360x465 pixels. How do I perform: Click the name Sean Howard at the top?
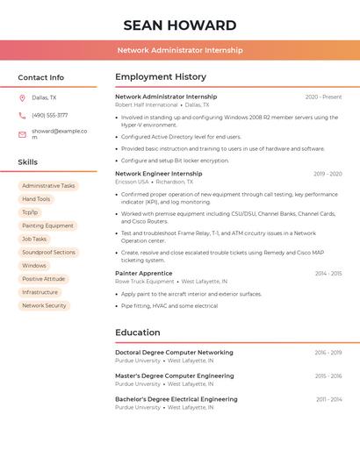[x=180, y=25]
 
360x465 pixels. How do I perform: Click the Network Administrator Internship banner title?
[x=180, y=50]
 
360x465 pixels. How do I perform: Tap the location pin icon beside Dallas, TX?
[x=22, y=97]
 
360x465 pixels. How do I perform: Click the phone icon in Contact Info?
[x=22, y=115]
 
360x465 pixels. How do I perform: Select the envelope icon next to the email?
[x=22, y=133]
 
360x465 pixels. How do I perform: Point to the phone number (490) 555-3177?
[x=50, y=115]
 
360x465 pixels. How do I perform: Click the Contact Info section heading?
[x=41, y=77]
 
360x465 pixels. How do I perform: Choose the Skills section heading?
[x=28, y=162]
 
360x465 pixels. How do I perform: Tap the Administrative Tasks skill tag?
[x=48, y=186]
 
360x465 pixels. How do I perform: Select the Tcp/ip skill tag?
[x=30, y=212]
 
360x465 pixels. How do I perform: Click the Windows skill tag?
[x=34, y=266]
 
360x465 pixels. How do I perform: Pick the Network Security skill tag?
[x=44, y=306]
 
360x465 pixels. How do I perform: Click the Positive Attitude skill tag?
[x=44, y=279]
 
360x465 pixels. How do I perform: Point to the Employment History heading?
[x=161, y=76]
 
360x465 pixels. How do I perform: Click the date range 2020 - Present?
[x=323, y=97]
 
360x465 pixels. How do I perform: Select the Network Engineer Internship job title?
[x=158, y=174]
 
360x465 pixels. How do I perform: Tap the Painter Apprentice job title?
[x=144, y=273]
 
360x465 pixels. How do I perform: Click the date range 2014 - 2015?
[x=328, y=274]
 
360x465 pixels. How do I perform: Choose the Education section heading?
[x=138, y=333]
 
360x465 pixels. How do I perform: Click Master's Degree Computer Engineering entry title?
[x=175, y=376]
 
